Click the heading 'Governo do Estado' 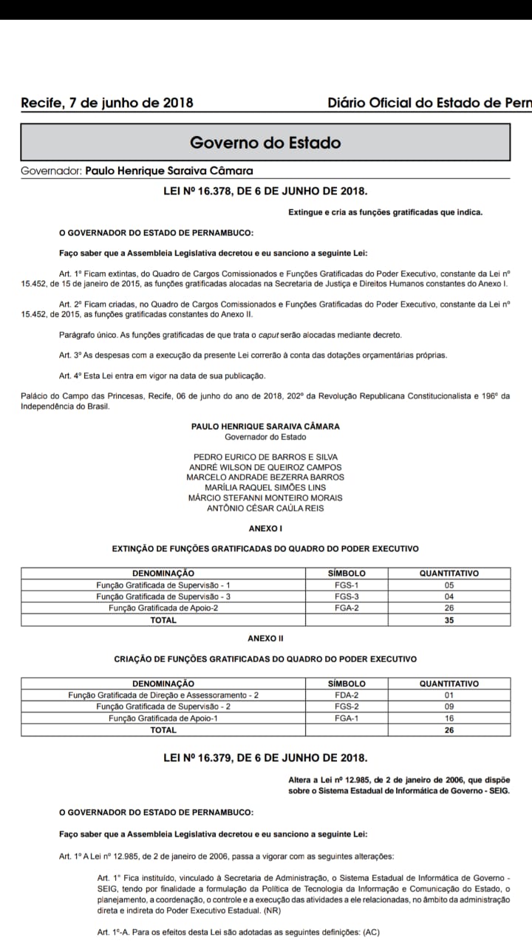(x=265, y=142)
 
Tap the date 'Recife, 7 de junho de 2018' (x=107, y=103)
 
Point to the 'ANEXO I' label (x=265, y=528)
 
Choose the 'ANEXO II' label (x=265, y=638)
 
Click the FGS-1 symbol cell (x=347, y=585)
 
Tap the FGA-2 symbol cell (x=347, y=608)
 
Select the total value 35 (x=449, y=620)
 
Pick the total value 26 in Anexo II (x=449, y=730)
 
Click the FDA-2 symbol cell (x=347, y=695)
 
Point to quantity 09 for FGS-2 (x=449, y=707)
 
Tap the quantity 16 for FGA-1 (x=449, y=718)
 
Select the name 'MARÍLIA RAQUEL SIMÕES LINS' (x=265, y=488)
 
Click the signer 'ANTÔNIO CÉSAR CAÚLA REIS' (x=265, y=508)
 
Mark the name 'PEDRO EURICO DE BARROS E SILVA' (x=265, y=457)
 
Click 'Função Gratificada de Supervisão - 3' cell (x=163, y=596)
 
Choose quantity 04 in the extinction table (x=449, y=596)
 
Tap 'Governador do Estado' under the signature (x=265, y=437)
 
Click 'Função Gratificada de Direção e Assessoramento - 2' (x=163, y=695)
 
